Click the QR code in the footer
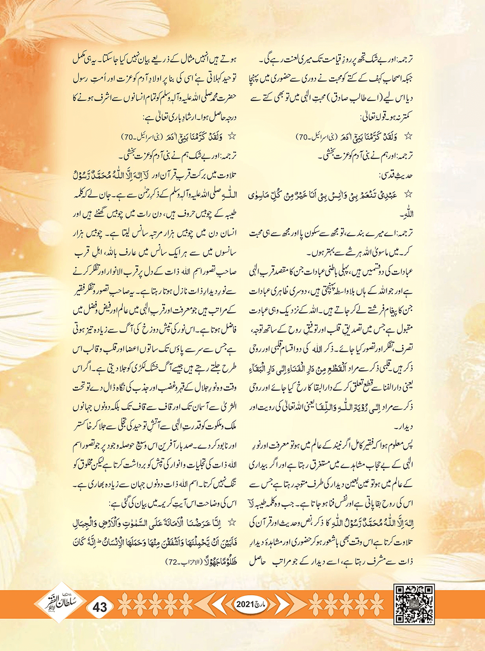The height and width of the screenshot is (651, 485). click(414, 604)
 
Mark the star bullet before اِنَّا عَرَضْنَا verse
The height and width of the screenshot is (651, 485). click(232, 522)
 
